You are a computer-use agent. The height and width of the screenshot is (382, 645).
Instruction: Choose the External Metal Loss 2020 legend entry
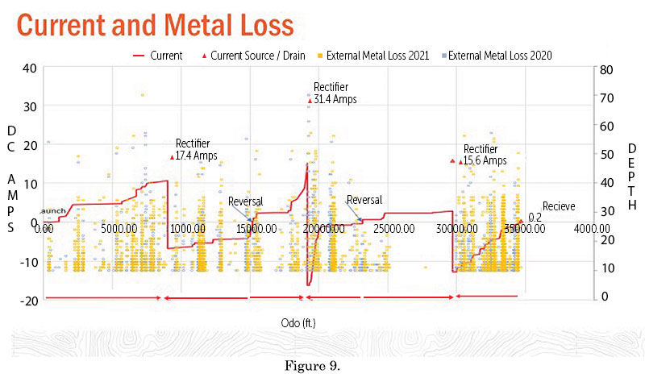[x=503, y=56]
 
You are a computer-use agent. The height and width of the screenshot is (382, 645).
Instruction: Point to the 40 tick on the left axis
[x=29, y=69]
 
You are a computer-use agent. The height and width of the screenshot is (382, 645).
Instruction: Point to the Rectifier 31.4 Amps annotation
[x=334, y=93]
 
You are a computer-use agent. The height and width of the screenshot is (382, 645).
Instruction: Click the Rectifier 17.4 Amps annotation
[x=196, y=150]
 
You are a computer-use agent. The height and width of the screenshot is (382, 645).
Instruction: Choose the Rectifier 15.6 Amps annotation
[x=484, y=155]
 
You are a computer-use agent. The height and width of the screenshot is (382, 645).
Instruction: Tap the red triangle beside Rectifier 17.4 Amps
[x=172, y=156]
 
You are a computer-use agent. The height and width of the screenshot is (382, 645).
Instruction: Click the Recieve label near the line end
[x=558, y=206]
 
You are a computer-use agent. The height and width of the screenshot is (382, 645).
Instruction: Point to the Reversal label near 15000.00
[x=245, y=201]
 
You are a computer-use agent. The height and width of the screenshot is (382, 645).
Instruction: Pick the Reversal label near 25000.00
[x=364, y=200]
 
